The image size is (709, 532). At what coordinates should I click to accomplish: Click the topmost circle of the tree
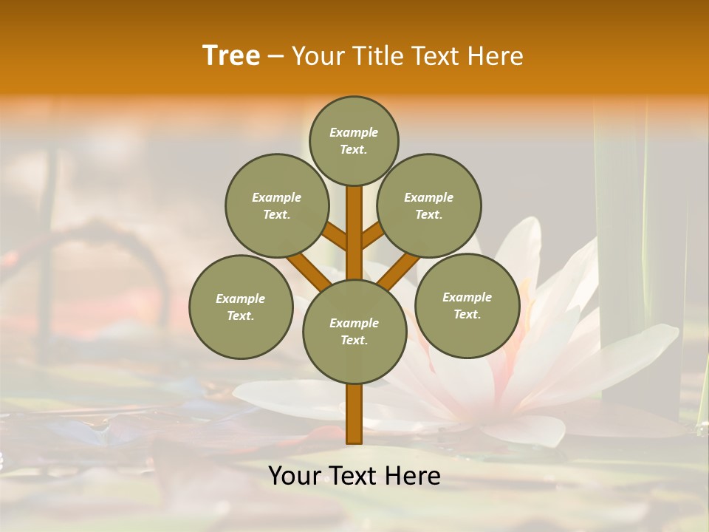pyautogui.click(x=354, y=140)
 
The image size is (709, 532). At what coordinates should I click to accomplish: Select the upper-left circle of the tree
pyautogui.click(x=277, y=205)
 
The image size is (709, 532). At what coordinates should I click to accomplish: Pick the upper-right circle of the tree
pyautogui.click(x=429, y=205)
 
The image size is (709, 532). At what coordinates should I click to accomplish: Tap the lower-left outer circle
pyautogui.click(x=241, y=307)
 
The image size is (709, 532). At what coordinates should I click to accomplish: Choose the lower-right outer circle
pyautogui.click(x=467, y=305)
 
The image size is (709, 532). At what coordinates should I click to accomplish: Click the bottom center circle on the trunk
pyautogui.click(x=354, y=331)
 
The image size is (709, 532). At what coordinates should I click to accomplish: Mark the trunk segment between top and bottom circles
pyautogui.click(x=354, y=233)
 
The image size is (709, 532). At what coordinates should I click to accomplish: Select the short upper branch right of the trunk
pyautogui.click(x=372, y=236)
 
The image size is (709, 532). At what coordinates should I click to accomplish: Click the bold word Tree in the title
pyautogui.click(x=231, y=55)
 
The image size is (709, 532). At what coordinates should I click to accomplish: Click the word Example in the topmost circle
pyautogui.click(x=354, y=132)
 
